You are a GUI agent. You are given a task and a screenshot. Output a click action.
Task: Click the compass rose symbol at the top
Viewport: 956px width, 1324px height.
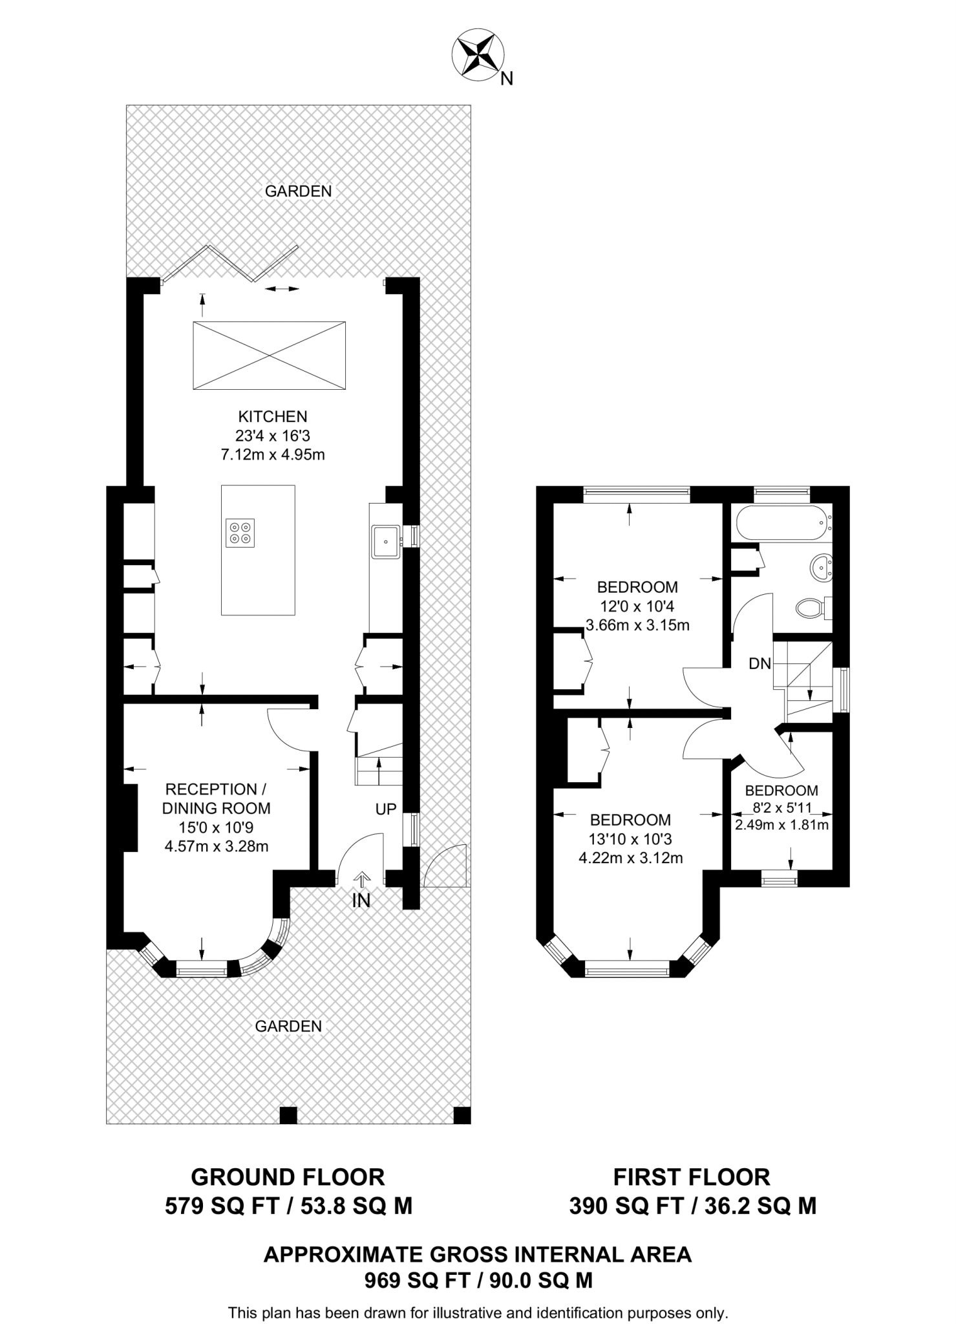coord(479,57)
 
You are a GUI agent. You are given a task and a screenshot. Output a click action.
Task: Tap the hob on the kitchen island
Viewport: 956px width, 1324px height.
coord(241,533)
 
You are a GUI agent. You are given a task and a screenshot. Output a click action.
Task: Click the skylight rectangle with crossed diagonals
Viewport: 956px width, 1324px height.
coord(269,356)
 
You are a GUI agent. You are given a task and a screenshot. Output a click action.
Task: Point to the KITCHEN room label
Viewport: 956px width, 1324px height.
coord(273,416)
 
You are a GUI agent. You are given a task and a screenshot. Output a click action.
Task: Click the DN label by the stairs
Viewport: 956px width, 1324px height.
coord(760,663)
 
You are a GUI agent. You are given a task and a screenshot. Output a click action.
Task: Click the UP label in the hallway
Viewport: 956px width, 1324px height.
coord(386,809)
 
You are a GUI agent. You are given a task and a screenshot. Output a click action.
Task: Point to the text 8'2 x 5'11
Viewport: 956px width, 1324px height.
coord(781,807)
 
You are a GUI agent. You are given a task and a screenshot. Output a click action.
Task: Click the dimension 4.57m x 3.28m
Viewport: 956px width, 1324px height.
coord(217,846)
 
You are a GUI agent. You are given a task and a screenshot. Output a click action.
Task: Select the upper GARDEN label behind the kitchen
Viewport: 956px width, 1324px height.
coord(299,191)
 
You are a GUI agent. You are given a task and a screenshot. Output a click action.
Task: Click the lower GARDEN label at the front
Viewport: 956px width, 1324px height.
coord(288,1026)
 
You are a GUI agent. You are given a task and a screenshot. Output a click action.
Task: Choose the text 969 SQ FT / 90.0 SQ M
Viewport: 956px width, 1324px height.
coord(478,1280)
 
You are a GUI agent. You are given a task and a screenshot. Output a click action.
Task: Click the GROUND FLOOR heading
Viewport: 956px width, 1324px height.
coord(288,1177)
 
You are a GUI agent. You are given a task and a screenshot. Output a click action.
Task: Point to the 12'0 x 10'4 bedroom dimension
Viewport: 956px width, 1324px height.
coord(637,606)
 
